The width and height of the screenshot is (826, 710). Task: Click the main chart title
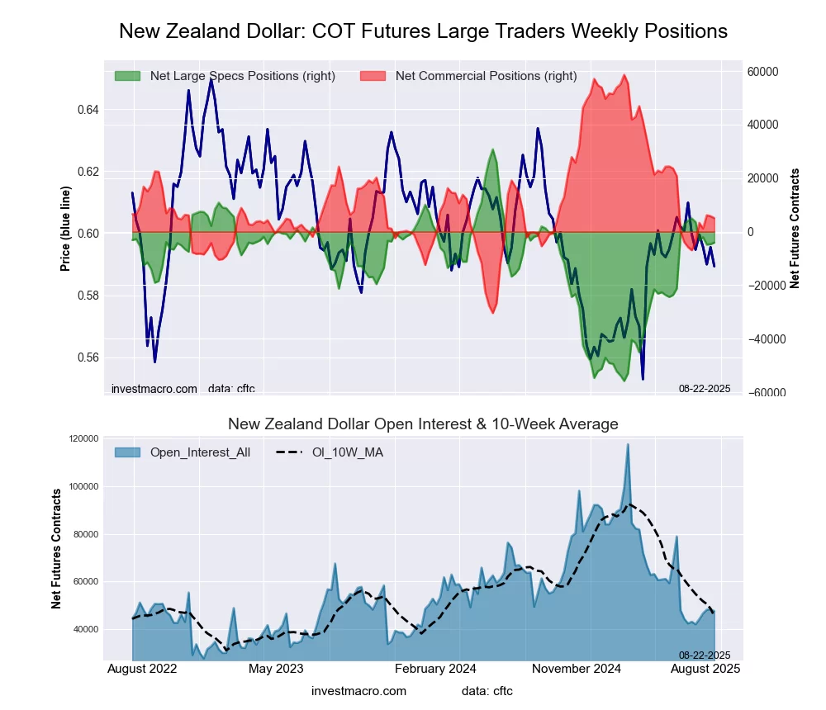click(423, 31)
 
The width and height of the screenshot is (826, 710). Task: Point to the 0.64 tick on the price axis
click(88, 110)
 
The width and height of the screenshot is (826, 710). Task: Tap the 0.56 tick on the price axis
click(88, 357)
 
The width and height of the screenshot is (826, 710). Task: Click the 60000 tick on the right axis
click(762, 71)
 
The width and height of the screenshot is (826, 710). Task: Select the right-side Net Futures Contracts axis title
click(795, 229)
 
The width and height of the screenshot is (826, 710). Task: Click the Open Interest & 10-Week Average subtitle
click(423, 424)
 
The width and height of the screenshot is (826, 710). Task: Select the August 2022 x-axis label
click(142, 669)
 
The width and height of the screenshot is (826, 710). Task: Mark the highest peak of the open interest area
click(628, 444)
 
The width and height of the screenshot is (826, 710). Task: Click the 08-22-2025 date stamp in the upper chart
click(705, 388)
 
